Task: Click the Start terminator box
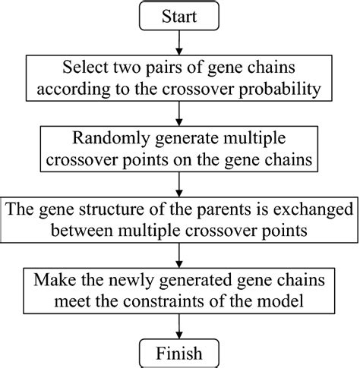(179, 16)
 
